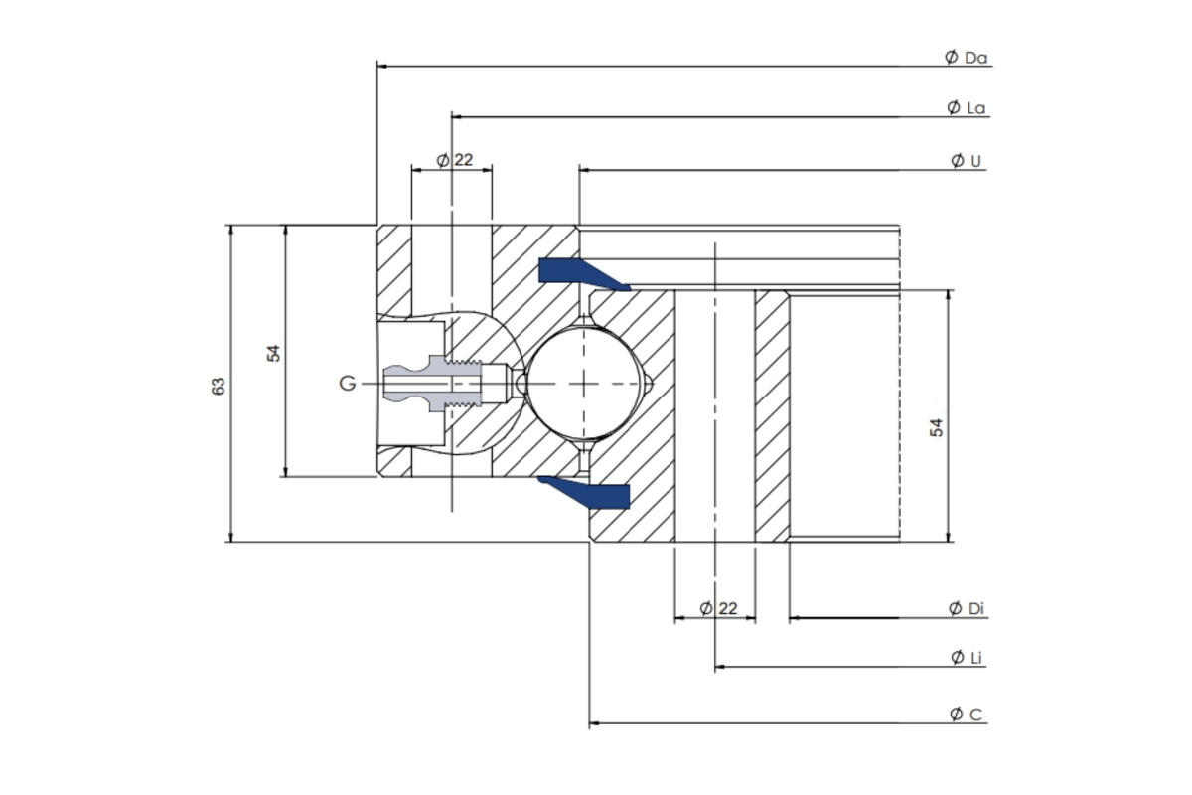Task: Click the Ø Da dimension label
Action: click(966, 58)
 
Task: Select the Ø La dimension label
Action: click(966, 107)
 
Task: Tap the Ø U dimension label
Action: click(967, 161)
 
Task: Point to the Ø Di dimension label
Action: click(966, 608)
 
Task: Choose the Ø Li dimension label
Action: click(966, 657)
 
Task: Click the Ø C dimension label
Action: click(966, 714)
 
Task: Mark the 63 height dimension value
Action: click(220, 385)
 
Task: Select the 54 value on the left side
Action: click(275, 352)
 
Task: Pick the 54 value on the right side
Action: click(936, 426)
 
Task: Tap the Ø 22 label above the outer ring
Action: click(454, 160)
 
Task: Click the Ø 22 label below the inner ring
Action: click(717, 608)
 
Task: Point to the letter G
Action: click(347, 383)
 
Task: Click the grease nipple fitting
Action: click(447, 383)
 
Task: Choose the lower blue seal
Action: click(586, 491)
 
